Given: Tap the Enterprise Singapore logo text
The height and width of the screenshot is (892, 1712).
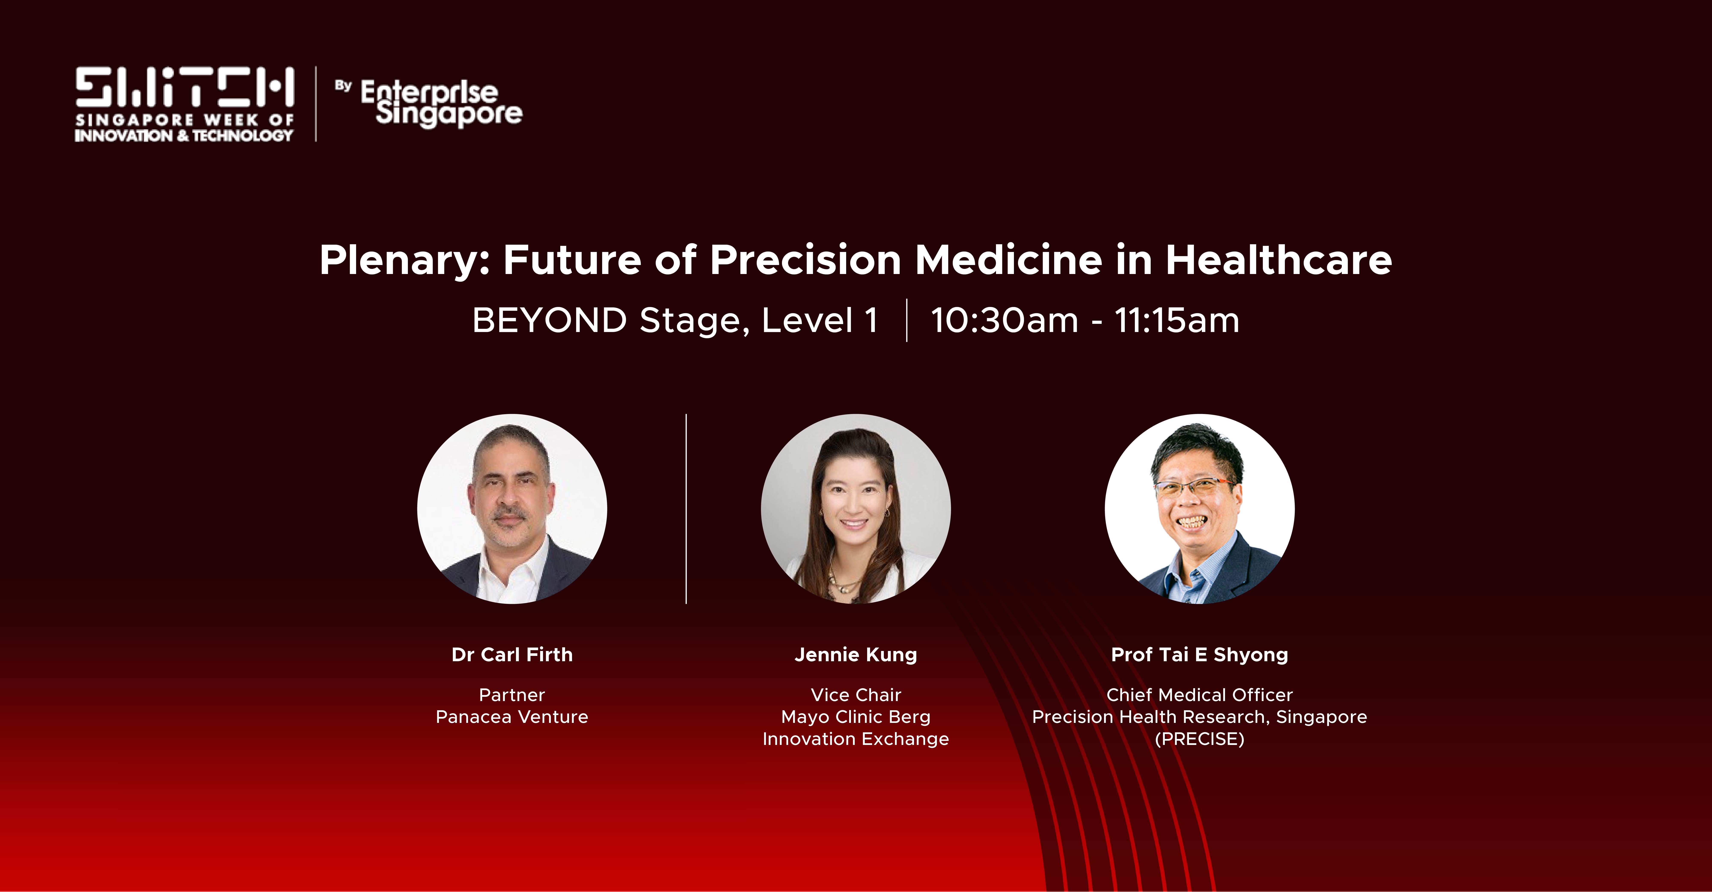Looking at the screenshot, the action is [x=441, y=103].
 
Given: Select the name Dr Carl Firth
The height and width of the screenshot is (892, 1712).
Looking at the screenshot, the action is [x=512, y=655].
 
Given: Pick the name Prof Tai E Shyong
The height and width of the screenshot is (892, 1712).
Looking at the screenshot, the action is [x=1200, y=655].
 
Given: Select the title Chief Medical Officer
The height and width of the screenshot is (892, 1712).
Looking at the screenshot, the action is [x=1200, y=695].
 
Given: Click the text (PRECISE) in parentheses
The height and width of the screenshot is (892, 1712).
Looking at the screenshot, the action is [x=1200, y=739].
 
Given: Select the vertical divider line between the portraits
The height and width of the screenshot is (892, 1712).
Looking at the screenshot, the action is [x=686, y=509].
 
